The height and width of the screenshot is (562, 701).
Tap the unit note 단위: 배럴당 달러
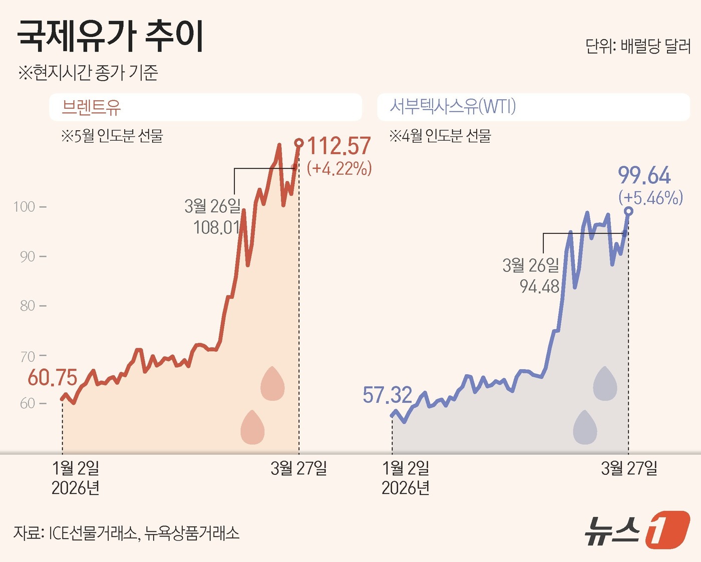coord(637,47)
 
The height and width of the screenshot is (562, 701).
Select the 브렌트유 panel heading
coord(91,107)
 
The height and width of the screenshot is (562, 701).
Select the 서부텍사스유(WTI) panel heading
coord(453,107)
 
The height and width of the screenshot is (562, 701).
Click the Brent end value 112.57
coord(339,146)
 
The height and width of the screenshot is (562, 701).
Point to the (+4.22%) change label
coord(339,169)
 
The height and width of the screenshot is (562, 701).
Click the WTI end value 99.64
coord(644,176)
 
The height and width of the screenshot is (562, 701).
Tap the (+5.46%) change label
coord(650,198)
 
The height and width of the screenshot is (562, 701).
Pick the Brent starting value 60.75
coord(52,378)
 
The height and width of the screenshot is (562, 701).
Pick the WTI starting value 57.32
coord(387,395)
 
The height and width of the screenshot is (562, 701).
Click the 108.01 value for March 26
coord(217,227)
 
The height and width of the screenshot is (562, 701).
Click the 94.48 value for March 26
coord(539,287)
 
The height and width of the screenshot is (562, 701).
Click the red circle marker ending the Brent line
coord(299,143)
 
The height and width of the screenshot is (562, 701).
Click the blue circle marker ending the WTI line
coord(628,211)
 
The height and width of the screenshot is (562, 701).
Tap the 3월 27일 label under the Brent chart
coord(298,468)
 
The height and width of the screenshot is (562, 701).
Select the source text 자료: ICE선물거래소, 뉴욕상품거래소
coord(126,533)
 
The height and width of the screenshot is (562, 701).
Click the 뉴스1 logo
coord(637,530)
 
